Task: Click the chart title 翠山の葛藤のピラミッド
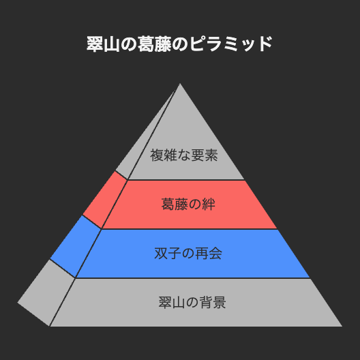179,44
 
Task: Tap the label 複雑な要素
184,155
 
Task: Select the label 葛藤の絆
188,204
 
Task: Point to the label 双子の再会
188,254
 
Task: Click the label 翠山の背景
192,302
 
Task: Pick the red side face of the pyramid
105,200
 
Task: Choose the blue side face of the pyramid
75,246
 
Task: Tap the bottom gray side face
46,292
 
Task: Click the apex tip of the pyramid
180,83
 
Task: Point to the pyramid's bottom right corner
342,326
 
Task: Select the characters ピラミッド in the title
230,44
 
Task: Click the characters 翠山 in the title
103,44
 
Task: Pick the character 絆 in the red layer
209,204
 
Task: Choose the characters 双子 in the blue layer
168,254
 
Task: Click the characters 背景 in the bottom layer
213,302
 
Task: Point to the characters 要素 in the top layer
205,155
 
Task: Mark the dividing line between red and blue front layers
190,229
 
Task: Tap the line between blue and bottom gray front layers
193,278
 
